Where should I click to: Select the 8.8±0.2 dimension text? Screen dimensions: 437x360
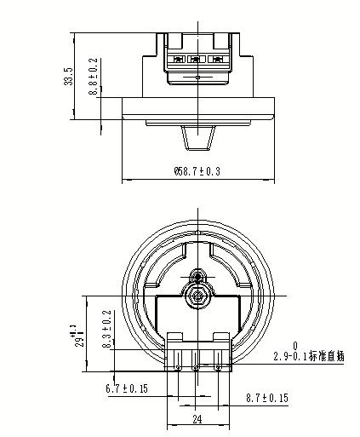(93, 78)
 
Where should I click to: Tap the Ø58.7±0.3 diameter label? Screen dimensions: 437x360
(197, 171)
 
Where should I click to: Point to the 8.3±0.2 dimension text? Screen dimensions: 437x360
(106, 331)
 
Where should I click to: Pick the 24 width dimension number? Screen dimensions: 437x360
(197, 418)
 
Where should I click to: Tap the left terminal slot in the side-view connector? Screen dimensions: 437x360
(179, 60)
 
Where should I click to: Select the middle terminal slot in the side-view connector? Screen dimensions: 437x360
(197, 60)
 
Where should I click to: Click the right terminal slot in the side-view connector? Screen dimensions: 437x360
(217, 60)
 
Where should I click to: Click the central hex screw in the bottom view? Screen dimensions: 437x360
(198, 296)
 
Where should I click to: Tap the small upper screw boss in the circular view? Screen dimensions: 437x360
(198, 277)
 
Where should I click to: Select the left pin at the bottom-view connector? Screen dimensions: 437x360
(178, 367)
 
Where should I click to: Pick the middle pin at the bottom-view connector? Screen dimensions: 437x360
(197, 367)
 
